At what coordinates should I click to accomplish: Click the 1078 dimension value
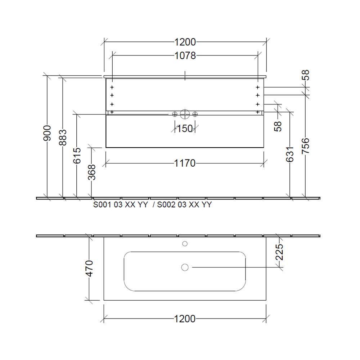(185, 56)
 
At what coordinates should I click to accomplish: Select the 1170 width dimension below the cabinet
(185, 163)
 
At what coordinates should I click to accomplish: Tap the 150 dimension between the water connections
(185, 129)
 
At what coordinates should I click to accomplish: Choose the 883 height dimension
(63, 137)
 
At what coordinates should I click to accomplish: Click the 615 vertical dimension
(77, 156)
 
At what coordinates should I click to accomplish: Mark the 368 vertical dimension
(92, 172)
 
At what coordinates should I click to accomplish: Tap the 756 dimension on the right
(305, 146)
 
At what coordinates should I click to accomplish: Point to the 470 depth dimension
(89, 268)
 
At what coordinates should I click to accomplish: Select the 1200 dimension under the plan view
(185, 319)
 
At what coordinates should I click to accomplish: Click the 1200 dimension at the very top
(185, 42)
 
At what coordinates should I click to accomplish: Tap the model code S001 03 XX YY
(121, 205)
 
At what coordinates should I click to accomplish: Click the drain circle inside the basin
(185, 267)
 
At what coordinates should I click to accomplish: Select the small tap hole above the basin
(185, 244)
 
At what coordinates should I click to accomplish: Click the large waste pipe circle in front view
(185, 114)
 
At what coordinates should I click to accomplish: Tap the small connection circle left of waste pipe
(175, 114)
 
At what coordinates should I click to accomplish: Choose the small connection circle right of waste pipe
(195, 114)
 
